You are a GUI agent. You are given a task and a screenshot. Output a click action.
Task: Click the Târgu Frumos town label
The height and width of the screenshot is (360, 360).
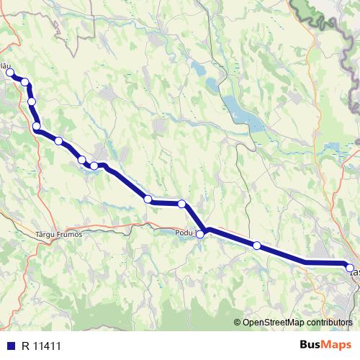[x=58, y=234]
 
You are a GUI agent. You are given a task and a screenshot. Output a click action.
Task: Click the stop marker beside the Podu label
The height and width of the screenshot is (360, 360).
[x=200, y=234]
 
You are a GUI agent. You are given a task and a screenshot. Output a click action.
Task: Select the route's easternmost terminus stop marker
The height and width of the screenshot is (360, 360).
[x=351, y=268]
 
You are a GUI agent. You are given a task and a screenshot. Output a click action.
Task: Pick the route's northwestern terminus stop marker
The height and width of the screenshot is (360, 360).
[x=10, y=73]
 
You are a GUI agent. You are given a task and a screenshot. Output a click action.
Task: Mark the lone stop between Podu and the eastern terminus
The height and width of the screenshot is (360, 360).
[x=256, y=246]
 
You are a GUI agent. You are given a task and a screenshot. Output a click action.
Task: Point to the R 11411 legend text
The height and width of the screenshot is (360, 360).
[x=42, y=344]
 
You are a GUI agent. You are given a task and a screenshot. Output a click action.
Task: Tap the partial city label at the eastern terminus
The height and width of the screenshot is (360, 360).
[x=354, y=273]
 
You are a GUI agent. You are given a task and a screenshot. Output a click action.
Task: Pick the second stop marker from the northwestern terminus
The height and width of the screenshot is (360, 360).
[x=24, y=82]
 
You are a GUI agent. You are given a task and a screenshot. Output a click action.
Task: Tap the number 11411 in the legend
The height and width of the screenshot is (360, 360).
[x=47, y=344]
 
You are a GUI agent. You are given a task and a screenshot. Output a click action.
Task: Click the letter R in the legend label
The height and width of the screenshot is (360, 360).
[x=25, y=344]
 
